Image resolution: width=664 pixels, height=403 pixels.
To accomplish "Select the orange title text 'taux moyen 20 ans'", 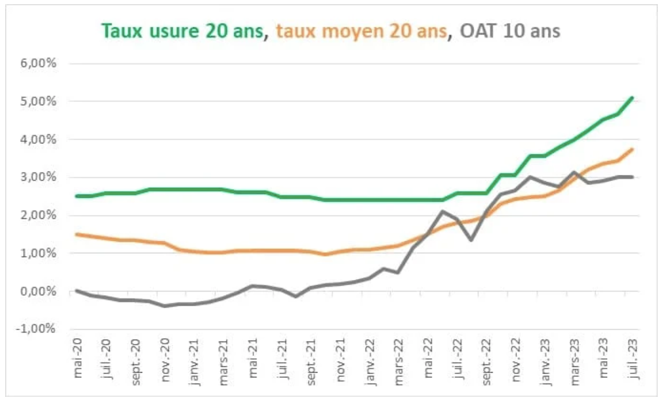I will tap(362, 31).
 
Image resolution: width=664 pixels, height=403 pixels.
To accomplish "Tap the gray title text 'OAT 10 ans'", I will tap(510, 31).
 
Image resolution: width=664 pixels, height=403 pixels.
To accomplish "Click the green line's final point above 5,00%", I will tap(633, 97).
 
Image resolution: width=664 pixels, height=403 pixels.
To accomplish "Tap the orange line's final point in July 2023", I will tap(633, 149).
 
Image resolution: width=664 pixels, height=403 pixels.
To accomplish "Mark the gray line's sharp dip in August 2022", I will tap(472, 240).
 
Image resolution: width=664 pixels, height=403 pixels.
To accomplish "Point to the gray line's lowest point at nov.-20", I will tap(165, 306).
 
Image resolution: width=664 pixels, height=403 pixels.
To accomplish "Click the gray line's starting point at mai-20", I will tap(77, 290).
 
